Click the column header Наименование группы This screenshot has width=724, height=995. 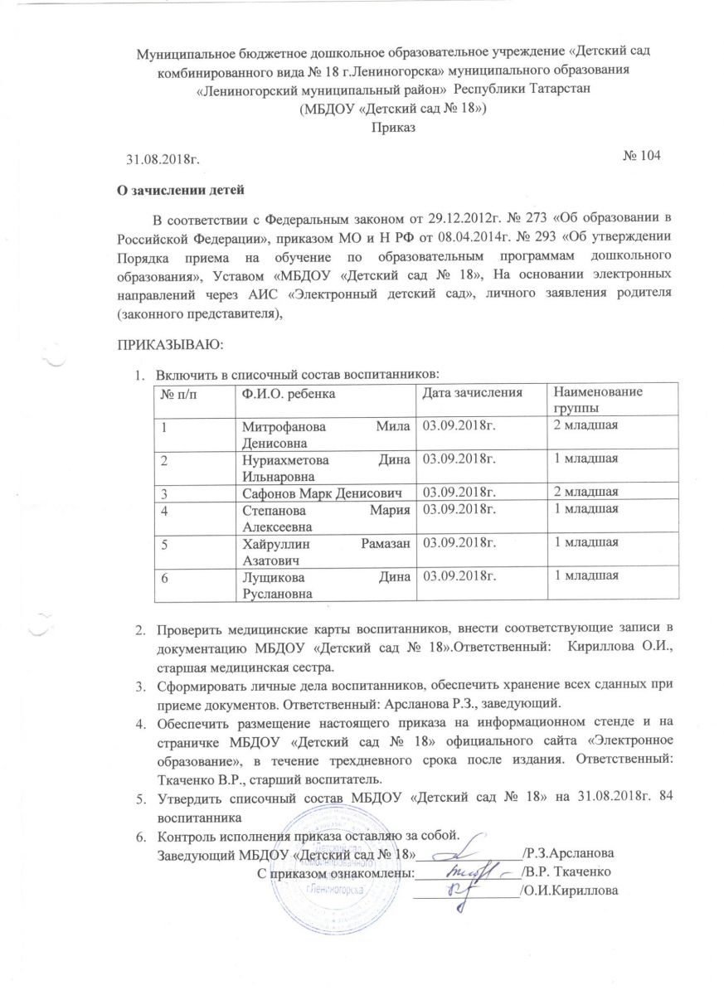click(x=594, y=398)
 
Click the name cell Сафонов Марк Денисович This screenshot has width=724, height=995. click(x=326, y=493)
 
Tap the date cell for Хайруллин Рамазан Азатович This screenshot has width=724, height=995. click(x=460, y=544)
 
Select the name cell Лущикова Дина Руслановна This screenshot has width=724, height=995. click(x=326, y=582)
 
